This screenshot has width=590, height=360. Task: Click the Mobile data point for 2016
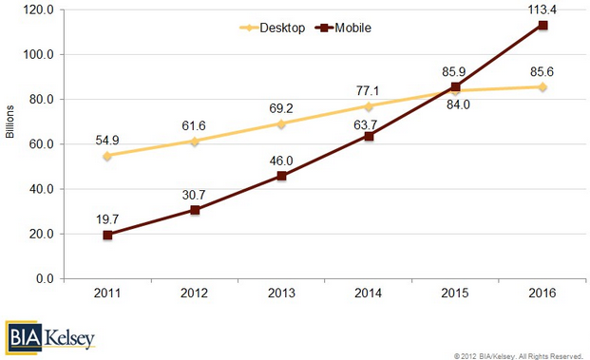point(542,26)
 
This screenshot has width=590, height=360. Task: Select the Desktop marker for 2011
point(107,156)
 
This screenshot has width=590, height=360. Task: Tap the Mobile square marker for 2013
point(281,176)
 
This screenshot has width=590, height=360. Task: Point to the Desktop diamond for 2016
point(542,86)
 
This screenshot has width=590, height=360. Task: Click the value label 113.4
point(542,9)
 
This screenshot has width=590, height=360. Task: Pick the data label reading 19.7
point(107,219)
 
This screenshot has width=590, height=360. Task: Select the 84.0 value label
point(458,104)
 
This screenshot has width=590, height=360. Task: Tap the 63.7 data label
point(366,124)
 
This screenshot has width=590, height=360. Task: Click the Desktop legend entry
point(273,28)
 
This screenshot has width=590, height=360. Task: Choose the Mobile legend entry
point(344,28)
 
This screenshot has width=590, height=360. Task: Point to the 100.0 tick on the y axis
point(39,54)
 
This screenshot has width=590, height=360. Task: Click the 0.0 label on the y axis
point(46,278)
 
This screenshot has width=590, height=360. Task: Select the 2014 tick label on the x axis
point(368,294)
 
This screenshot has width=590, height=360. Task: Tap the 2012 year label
point(194,294)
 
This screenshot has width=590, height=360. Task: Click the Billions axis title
point(10,122)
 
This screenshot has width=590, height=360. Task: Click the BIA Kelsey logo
point(50,337)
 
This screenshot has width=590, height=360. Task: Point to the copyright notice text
point(518,356)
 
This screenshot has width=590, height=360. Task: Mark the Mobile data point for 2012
point(195,210)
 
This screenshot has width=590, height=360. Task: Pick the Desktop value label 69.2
point(281,108)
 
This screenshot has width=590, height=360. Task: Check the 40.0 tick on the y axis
point(42,189)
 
